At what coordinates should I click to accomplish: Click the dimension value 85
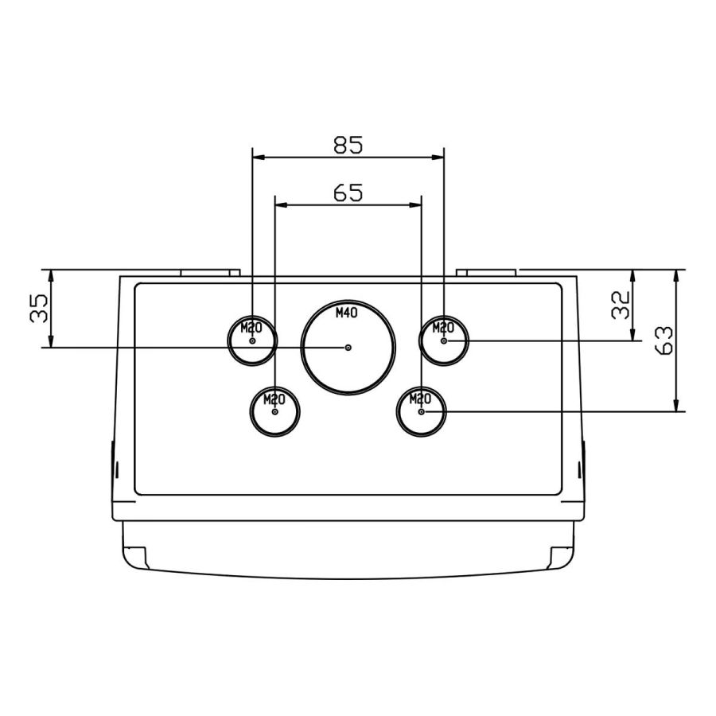348,145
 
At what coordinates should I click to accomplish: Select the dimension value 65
348,193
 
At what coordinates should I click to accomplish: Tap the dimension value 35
39,308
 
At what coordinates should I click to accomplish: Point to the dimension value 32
621,305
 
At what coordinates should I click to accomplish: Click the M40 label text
347,313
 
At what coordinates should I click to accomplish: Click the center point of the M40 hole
348,348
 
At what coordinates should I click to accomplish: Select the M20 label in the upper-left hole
251,328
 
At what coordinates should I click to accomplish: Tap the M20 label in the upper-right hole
443,328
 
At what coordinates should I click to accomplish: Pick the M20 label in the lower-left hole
274,399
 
